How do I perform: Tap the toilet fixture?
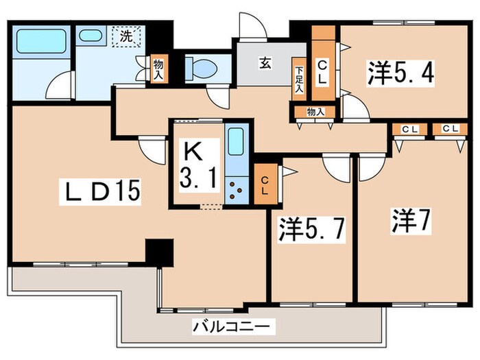tap(202, 68)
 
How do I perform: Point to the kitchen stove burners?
tap(237, 190)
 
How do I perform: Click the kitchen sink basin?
tap(236, 143)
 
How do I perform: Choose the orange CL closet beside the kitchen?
tap(264, 184)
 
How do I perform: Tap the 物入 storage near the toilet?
tap(158, 69)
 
